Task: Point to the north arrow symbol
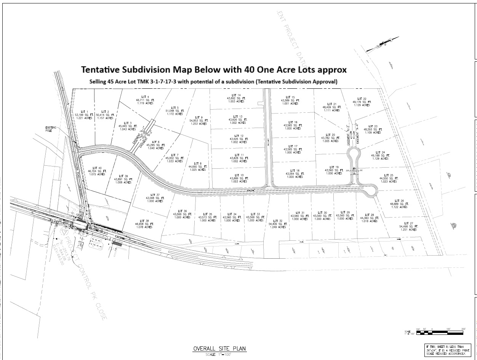382,43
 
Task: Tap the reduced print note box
447,350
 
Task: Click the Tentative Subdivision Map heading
214,70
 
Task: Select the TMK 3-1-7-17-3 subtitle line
213,82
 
